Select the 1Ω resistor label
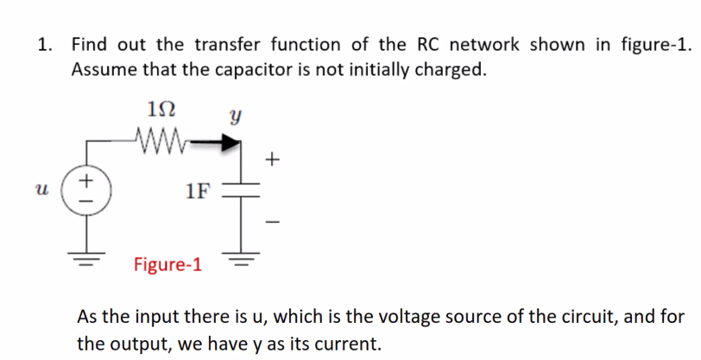(162, 111)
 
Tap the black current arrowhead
(229, 142)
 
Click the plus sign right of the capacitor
(273, 160)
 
